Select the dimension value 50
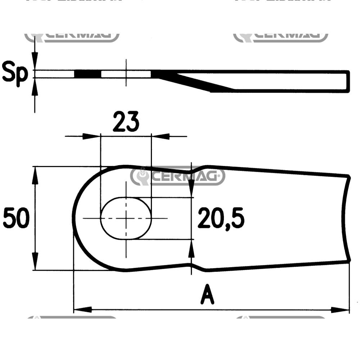(x=16, y=218)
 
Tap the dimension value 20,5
(x=221, y=218)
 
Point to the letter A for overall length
(x=208, y=295)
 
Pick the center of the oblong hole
(x=126, y=218)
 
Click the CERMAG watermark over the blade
(x=177, y=176)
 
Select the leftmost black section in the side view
(x=87, y=74)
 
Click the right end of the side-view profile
(x=348, y=82)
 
